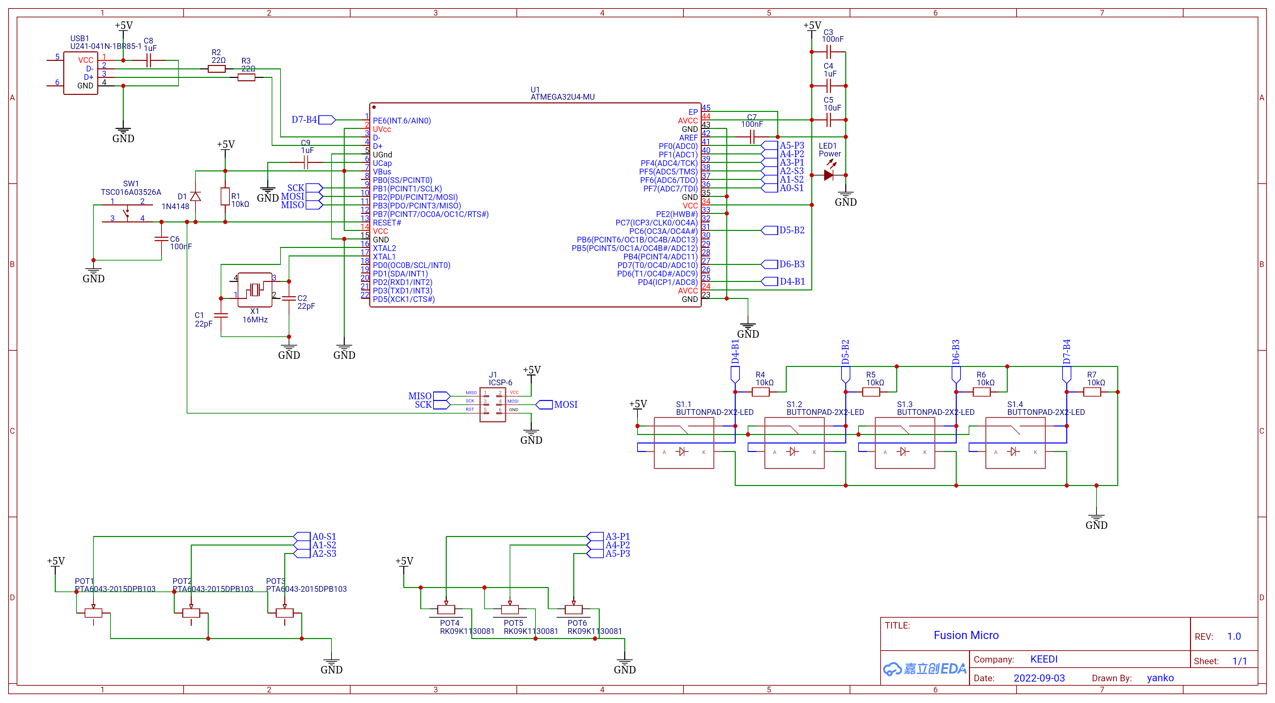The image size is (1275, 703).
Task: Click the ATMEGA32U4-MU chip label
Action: (x=562, y=97)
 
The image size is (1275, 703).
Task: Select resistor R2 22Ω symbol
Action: (x=216, y=69)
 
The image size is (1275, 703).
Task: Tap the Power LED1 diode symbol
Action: (x=829, y=175)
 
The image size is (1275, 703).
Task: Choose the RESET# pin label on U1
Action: (x=387, y=223)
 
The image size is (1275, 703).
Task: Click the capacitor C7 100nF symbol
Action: (x=752, y=137)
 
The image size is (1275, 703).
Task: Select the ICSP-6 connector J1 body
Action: (x=492, y=404)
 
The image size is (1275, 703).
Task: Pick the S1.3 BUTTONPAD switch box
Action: (x=905, y=442)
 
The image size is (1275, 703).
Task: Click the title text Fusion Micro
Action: (x=966, y=635)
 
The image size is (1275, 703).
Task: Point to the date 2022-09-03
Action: (x=1039, y=678)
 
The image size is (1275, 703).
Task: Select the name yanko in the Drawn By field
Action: (x=1160, y=678)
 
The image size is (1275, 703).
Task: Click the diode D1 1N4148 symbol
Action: (x=195, y=197)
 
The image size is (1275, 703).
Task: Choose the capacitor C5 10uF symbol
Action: (x=829, y=120)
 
